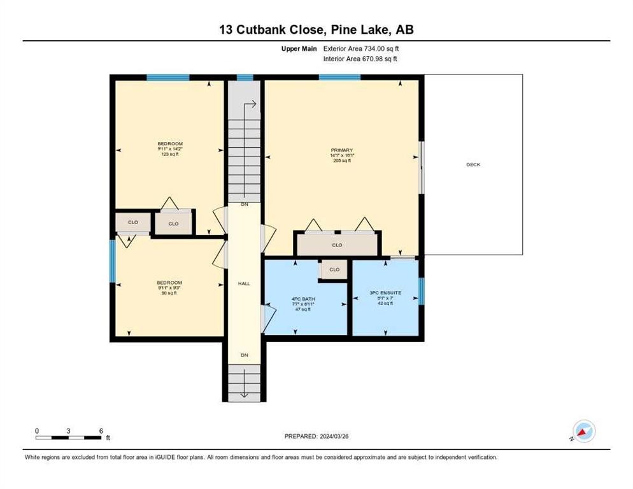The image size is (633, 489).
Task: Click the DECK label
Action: pyautogui.click(x=473, y=165)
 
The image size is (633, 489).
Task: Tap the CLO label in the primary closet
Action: pyautogui.click(x=337, y=245)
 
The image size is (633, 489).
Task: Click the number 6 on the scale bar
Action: pyautogui.click(x=101, y=430)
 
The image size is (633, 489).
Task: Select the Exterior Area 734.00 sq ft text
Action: pyautogui.click(x=361, y=48)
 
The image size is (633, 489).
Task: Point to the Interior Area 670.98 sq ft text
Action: pyautogui.click(x=360, y=59)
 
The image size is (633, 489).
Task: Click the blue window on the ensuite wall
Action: pyautogui.click(x=421, y=290)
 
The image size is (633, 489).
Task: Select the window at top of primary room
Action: pyautogui.click(x=339, y=78)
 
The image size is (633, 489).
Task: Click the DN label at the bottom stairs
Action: pyautogui.click(x=245, y=355)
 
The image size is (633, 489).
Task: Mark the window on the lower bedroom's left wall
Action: pyautogui.click(x=113, y=260)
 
